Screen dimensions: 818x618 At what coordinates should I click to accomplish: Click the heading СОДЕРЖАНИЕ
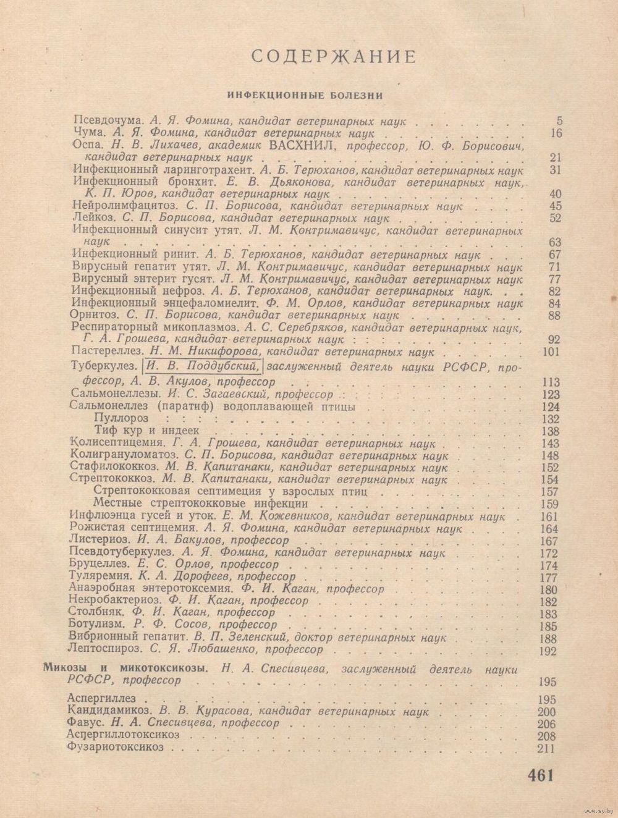(334, 57)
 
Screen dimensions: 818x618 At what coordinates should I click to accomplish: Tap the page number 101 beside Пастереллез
(549, 353)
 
